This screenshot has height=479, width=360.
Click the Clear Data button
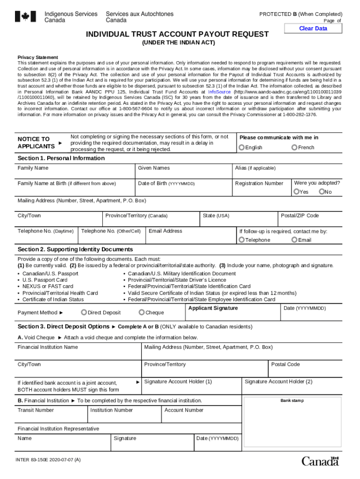click(x=313, y=29)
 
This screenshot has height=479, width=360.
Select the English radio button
click(x=242, y=148)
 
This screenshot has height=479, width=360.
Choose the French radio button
click(x=294, y=148)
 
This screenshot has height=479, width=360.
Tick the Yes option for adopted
click(x=296, y=192)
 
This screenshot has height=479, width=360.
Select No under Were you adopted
click(x=322, y=192)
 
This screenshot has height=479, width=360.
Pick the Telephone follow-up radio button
click(x=242, y=240)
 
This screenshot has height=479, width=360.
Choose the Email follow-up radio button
click(x=294, y=240)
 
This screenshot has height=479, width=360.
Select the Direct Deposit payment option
click(x=84, y=312)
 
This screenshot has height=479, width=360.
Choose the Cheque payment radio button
click(x=142, y=312)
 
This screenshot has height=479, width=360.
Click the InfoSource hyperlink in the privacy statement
click(x=219, y=92)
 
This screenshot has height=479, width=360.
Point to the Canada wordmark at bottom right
click(x=320, y=461)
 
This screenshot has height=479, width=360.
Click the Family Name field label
click(x=33, y=168)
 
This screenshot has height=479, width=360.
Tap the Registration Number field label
click(x=259, y=183)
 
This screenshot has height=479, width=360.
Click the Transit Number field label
click(x=36, y=410)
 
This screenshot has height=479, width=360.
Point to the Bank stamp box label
click(x=292, y=401)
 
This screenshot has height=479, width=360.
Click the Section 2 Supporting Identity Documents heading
click(x=75, y=249)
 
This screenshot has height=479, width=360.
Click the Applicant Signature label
click(x=213, y=308)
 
